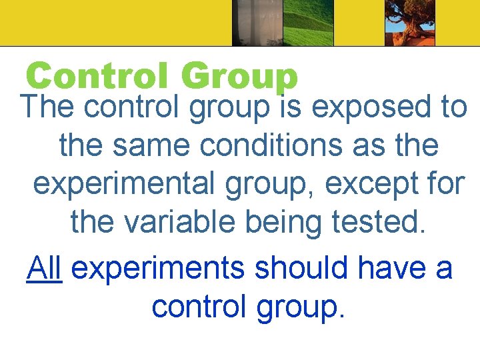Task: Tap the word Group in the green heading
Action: point(239,77)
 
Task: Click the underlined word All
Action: point(45,268)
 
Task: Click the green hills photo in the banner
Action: point(307,23)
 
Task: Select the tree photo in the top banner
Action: point(409,23)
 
